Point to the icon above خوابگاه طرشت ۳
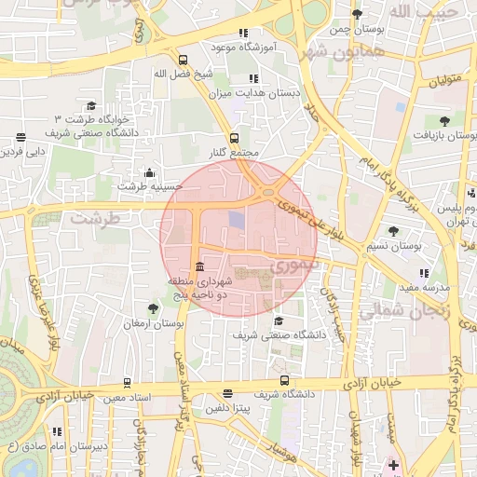coord(91,106)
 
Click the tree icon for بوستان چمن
coord(357,14)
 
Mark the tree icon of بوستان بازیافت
coord(445,120)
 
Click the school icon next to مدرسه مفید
coord(425,273)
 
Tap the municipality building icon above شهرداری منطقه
coord(200,267)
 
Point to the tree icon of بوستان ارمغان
coord(153,308)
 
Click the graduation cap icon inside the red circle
coord(278,320)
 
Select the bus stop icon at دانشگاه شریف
coord(284,380)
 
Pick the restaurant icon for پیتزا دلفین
coord(229,394)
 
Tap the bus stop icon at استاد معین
coord(127,382)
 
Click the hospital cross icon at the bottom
coord(393,464)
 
